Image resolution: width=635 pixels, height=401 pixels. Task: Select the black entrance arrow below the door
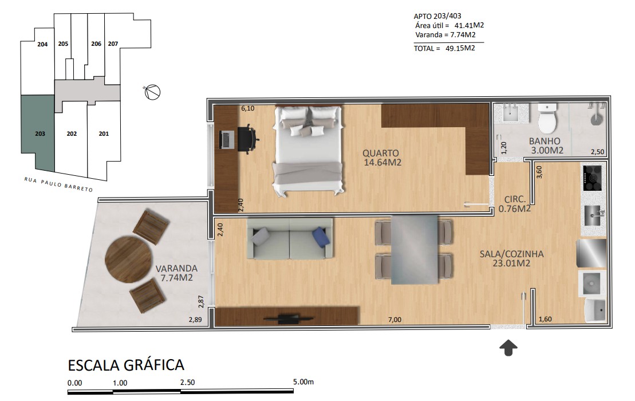click(508, 348)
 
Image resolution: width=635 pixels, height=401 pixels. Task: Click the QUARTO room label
click(380, 153)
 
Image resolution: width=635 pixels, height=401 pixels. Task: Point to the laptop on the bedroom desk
click(227, 140)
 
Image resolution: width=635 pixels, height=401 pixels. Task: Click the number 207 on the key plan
click(113, 44)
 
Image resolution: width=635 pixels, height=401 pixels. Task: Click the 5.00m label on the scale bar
click(303, 382)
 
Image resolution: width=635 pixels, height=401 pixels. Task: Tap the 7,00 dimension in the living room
click(395, 320)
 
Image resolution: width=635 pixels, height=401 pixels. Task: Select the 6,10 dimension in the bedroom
click(248, 108)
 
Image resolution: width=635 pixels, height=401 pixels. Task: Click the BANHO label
click(545, 141)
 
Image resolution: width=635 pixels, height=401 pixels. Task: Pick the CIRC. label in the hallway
click(515, 199)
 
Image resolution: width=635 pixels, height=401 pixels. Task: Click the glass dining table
click(415, 250)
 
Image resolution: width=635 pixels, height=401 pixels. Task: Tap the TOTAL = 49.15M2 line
click(444, 48)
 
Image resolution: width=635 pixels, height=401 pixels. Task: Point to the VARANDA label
click(176, 268)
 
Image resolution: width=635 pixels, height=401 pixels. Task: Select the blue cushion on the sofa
click(321, 237)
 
